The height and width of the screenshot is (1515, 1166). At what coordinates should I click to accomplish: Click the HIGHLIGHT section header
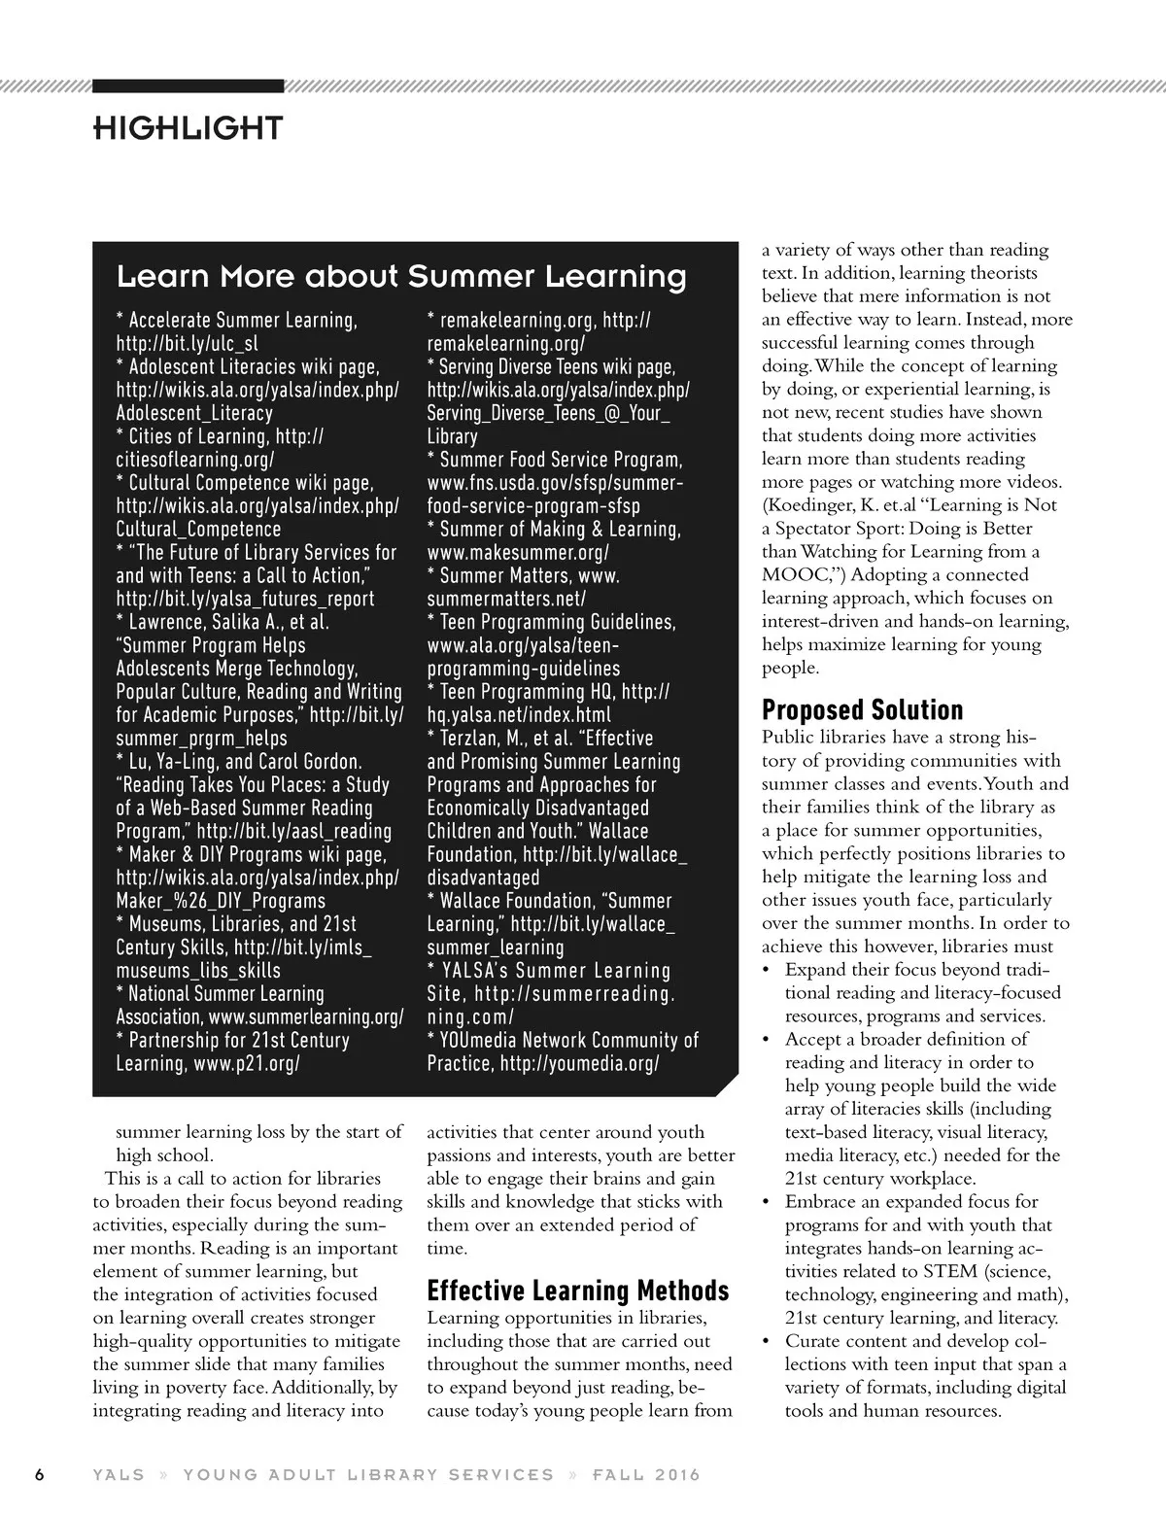(x=188, y=127)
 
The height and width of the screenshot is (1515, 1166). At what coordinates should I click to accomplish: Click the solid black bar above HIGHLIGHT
(x=188, y=86)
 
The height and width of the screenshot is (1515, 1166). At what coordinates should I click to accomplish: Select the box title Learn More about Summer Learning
(x=401, y=277)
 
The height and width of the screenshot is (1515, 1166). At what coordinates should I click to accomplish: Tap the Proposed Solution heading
(x=862, y=709)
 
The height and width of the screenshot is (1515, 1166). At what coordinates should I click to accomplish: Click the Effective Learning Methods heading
(x=578, y=1291)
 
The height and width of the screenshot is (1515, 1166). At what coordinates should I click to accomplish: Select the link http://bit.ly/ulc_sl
(x=187, y=343)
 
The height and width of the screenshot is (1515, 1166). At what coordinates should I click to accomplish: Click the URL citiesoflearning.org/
(x=194, y=460)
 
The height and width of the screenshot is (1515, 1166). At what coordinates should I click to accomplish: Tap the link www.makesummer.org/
(x=518, y=553)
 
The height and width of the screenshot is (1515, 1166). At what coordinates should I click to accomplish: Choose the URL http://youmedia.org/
(x=579, y=1064)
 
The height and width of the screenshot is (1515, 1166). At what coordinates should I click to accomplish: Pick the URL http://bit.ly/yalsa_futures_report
(x=245, y=600)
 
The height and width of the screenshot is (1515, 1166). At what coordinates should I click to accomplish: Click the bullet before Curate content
(x=767, y=1342)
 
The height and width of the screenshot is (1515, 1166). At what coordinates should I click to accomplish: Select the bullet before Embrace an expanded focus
(x=767, y=1202)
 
